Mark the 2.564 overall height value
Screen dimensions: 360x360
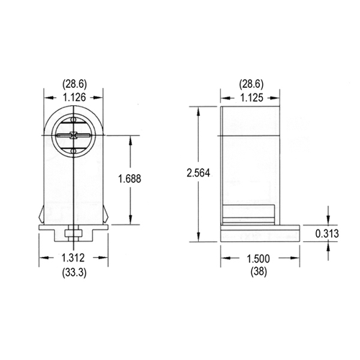(x=197, y=174)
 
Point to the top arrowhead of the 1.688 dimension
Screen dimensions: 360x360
(x=130, y=137)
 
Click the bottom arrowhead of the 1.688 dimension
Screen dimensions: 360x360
(x=130, y=222)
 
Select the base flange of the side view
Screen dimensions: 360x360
(x=258, y=233)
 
